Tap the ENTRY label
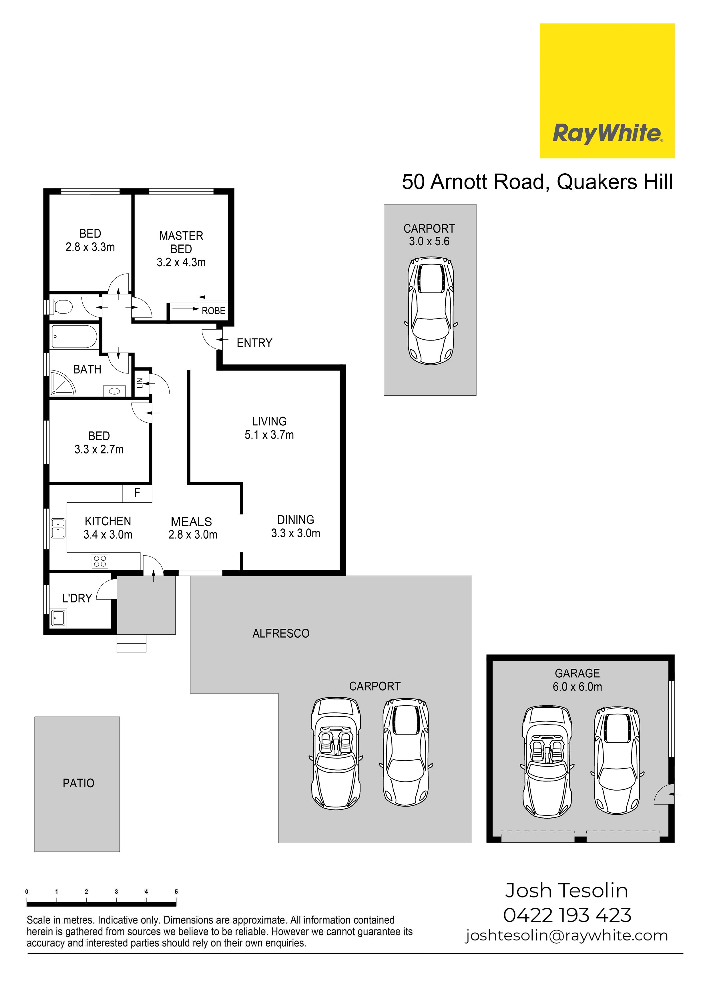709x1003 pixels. coord(254,343)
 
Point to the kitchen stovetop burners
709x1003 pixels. coord(100,561)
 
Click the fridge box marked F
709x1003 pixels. coord(137,493)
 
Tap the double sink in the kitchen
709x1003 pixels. coord(58,528)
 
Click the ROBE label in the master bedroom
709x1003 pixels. coord(213,311)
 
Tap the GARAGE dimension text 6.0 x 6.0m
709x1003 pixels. coord(577,687)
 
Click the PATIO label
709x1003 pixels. coord(79,783)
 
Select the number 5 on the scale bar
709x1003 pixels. coord(176,891)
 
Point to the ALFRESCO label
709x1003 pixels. coord(281,633)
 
